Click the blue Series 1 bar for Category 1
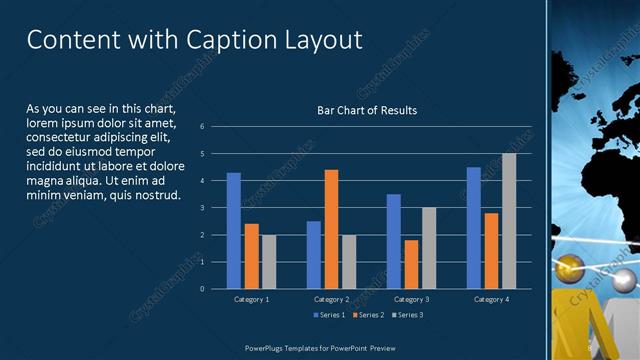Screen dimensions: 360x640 pyautogui.click(x=233, y=231)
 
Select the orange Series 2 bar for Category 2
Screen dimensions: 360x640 pyautogui.click(x=331, y=229)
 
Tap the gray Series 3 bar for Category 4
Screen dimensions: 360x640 pyautogui.click(x=509, y=221)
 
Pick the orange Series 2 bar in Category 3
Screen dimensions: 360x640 pyautogui.click(x=411, y=264)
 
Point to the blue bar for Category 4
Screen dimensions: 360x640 pyautogui.click(x=474, y=228)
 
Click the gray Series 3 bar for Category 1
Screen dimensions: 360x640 pyautogui.click(x=268, y=262)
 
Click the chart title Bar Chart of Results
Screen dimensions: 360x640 pyautogui.click(x=367, y=110)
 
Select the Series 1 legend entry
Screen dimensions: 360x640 pyautogui.click(x=328, y=315)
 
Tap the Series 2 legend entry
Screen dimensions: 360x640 pyautogui.click(x=367, y=315)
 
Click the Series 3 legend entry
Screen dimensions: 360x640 pyautogui.click(x=406, y=315)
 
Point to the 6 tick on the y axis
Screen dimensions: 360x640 pyautogui.click(x=202, y=127)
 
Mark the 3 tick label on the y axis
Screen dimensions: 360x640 pyautogui.click(x=202, y=208)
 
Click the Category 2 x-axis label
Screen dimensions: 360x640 pyautogui.click(x=331, y=299)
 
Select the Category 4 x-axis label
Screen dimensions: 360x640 pyautogui.click(x=491, y=299)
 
